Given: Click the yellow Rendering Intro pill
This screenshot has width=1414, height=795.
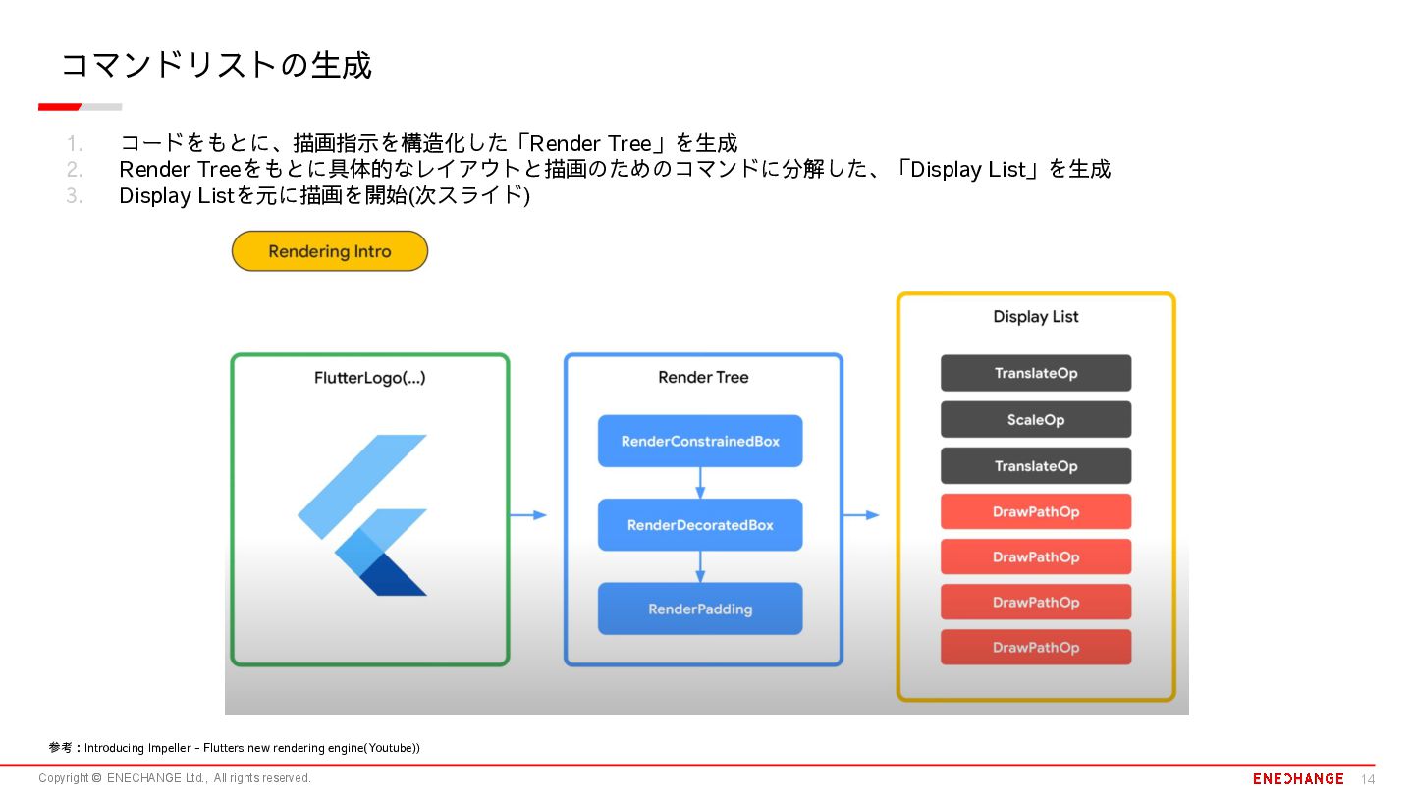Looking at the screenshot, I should click(330, 251).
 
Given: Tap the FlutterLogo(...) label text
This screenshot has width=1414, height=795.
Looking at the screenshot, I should click(369, 378).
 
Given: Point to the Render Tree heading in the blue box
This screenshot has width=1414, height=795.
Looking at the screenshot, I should click(703, 378).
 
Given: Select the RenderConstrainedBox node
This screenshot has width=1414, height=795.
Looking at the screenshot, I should click(700, 441).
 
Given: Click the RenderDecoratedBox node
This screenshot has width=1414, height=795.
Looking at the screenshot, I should click(700, 525).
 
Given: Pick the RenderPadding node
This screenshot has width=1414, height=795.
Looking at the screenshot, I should click(700, 609).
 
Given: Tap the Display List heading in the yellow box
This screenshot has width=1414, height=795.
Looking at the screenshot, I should click(1036, 317).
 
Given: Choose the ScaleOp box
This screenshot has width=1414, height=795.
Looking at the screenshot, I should click(1036, 419).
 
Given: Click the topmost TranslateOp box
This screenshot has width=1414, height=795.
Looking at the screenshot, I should click(1036, 373).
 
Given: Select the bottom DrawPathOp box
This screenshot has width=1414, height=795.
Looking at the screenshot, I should click(1036, 647).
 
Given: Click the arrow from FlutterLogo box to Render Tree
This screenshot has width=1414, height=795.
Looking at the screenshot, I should click(528, 515).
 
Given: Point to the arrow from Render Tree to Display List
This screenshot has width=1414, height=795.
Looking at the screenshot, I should click(861, 515).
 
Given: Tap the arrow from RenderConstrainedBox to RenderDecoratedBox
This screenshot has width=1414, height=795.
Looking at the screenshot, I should click(700, 482).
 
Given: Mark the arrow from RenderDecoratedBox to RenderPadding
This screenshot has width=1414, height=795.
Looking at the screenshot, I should click(700, 566).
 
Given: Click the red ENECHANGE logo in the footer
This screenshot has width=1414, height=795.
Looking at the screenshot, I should click(1298, 778).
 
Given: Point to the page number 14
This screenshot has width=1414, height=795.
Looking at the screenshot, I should click(1368, 779).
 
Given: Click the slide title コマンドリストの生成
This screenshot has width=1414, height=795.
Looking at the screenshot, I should click(216, 66).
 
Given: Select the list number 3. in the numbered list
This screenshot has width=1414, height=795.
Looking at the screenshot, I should click(75, 196).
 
